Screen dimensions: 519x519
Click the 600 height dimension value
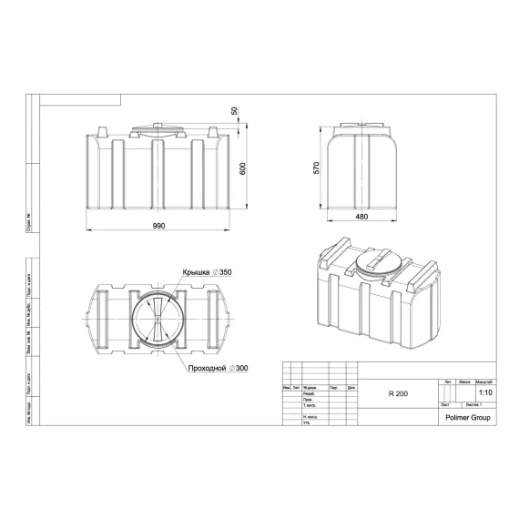pyautogui.click(x=242, y=169)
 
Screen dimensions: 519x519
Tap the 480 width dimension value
pyautogui.click(x=361, y=216)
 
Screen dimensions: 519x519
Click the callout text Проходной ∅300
pyautogui.click(x=219, y=367)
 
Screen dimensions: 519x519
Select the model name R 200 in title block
pyautogui.click(x=397, y=393)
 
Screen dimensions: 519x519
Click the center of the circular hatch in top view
pyautogui.click(x=156, y=321)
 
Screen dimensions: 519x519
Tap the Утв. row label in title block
pyautogui.click(x=307, y=423)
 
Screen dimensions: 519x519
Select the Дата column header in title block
pyautogui.click(x=351, y=387)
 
